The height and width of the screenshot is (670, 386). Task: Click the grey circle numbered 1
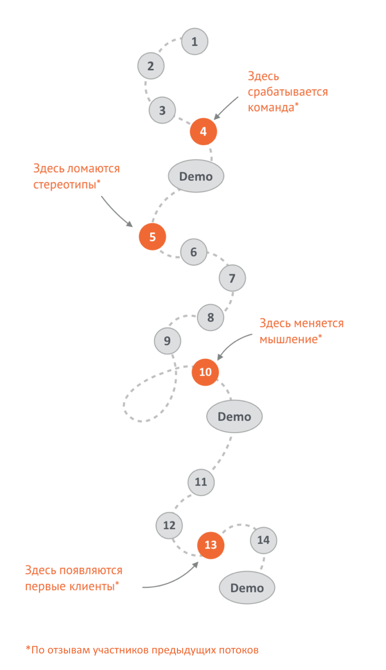pos(194,41)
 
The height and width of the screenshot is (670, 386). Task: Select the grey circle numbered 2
pos(151,66)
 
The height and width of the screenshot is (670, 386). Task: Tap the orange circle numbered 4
pos(203,131)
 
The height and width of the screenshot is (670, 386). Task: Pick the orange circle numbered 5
pos(153,237)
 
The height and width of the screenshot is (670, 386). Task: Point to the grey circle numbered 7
pos(232,279)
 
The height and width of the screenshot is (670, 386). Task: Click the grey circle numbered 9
pos(167,341)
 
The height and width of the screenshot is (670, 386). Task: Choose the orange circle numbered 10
pos(205,372)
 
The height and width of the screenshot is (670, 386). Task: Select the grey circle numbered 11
pos(201,482)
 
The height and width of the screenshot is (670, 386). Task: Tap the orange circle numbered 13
pos(211,545)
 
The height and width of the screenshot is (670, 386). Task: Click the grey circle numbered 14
pos(263,540)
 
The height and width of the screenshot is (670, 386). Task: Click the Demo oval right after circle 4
pos(196,176)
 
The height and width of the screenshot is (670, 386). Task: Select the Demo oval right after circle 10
pos(234,416)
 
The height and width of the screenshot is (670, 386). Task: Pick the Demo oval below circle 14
pos(247,588)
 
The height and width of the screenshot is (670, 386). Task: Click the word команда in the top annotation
pos(270,108)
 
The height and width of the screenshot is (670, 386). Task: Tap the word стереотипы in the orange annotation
pos(65,185)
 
